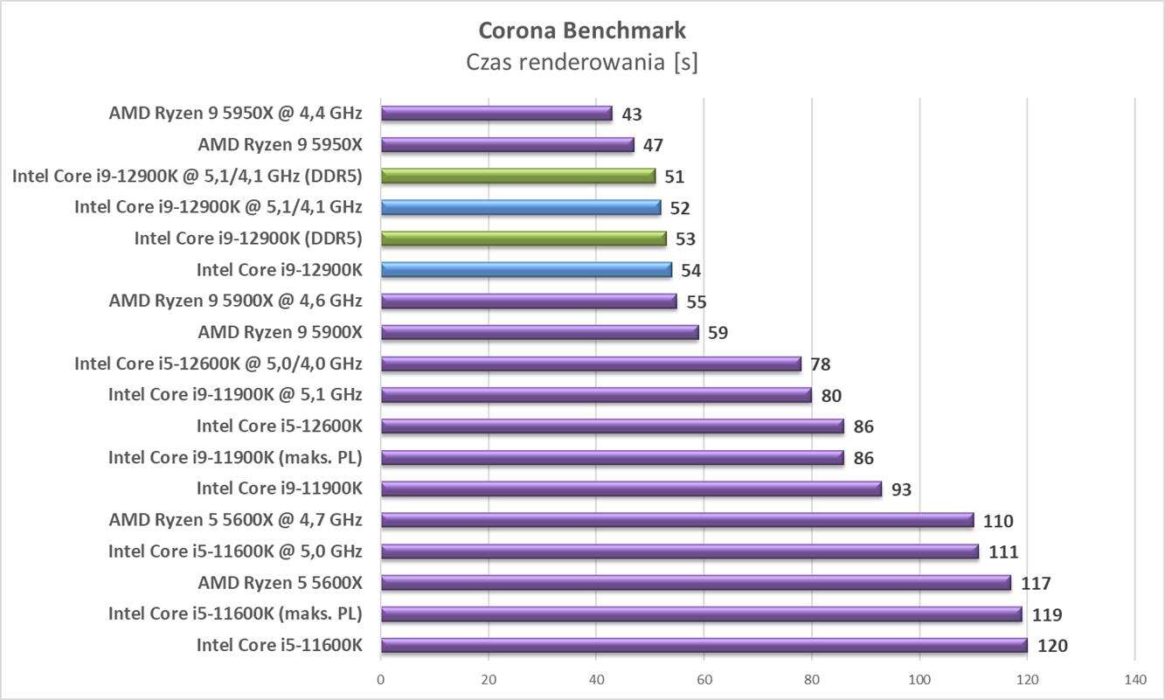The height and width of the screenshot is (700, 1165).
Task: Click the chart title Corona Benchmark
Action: pos(582,31)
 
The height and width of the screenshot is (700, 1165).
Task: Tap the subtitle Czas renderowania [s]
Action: pos(582,63)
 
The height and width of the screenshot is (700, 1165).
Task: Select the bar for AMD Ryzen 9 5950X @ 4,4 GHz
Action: pos(496,114)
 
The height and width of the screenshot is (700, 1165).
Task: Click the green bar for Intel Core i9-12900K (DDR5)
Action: pos(524,239)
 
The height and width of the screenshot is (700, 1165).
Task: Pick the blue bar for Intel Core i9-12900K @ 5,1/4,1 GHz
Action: pos(521,208)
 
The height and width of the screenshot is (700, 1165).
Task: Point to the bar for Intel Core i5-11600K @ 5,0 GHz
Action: pos(679,551)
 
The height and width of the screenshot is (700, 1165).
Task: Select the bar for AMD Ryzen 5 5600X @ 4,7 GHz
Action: pos(676,521)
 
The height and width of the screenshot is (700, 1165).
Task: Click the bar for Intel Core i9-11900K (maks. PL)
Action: pos(612,458)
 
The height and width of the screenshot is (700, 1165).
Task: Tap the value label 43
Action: pos(632,114)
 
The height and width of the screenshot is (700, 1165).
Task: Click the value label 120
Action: pos(1051,647)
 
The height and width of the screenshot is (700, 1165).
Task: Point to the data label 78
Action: pos(821,364)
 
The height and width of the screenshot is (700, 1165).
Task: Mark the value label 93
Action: pos(901,489)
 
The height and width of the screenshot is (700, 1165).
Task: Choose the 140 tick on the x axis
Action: pos(1134,679)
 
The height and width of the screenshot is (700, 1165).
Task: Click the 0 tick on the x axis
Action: pos(381,679)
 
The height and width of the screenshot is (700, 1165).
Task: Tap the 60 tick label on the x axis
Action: pos(704,679)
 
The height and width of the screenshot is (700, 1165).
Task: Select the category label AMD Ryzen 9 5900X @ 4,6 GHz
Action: pos(235,301)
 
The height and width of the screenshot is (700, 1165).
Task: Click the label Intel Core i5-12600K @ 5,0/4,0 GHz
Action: pos(218,364)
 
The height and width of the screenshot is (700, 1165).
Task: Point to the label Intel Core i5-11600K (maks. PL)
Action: pos(235,614)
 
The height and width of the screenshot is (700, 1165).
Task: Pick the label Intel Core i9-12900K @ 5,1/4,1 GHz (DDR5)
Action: pos(187,177)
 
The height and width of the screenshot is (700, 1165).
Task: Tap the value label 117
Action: pos(1036,584)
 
